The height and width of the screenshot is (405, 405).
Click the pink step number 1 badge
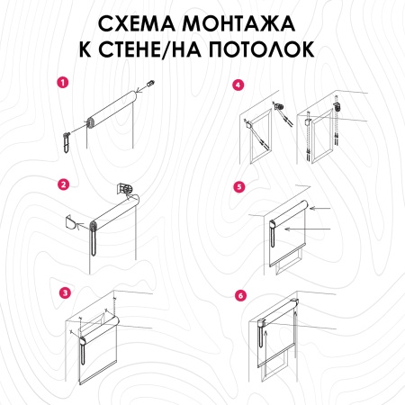pos(62,82)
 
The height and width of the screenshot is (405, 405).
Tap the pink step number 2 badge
pos(62,185)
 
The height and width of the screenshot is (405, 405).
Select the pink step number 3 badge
pos(62,292)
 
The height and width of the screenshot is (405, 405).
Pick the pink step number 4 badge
pos(238,85)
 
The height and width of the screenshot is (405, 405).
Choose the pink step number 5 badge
pos(238,187)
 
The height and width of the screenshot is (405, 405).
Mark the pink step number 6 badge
pos(238,294)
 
